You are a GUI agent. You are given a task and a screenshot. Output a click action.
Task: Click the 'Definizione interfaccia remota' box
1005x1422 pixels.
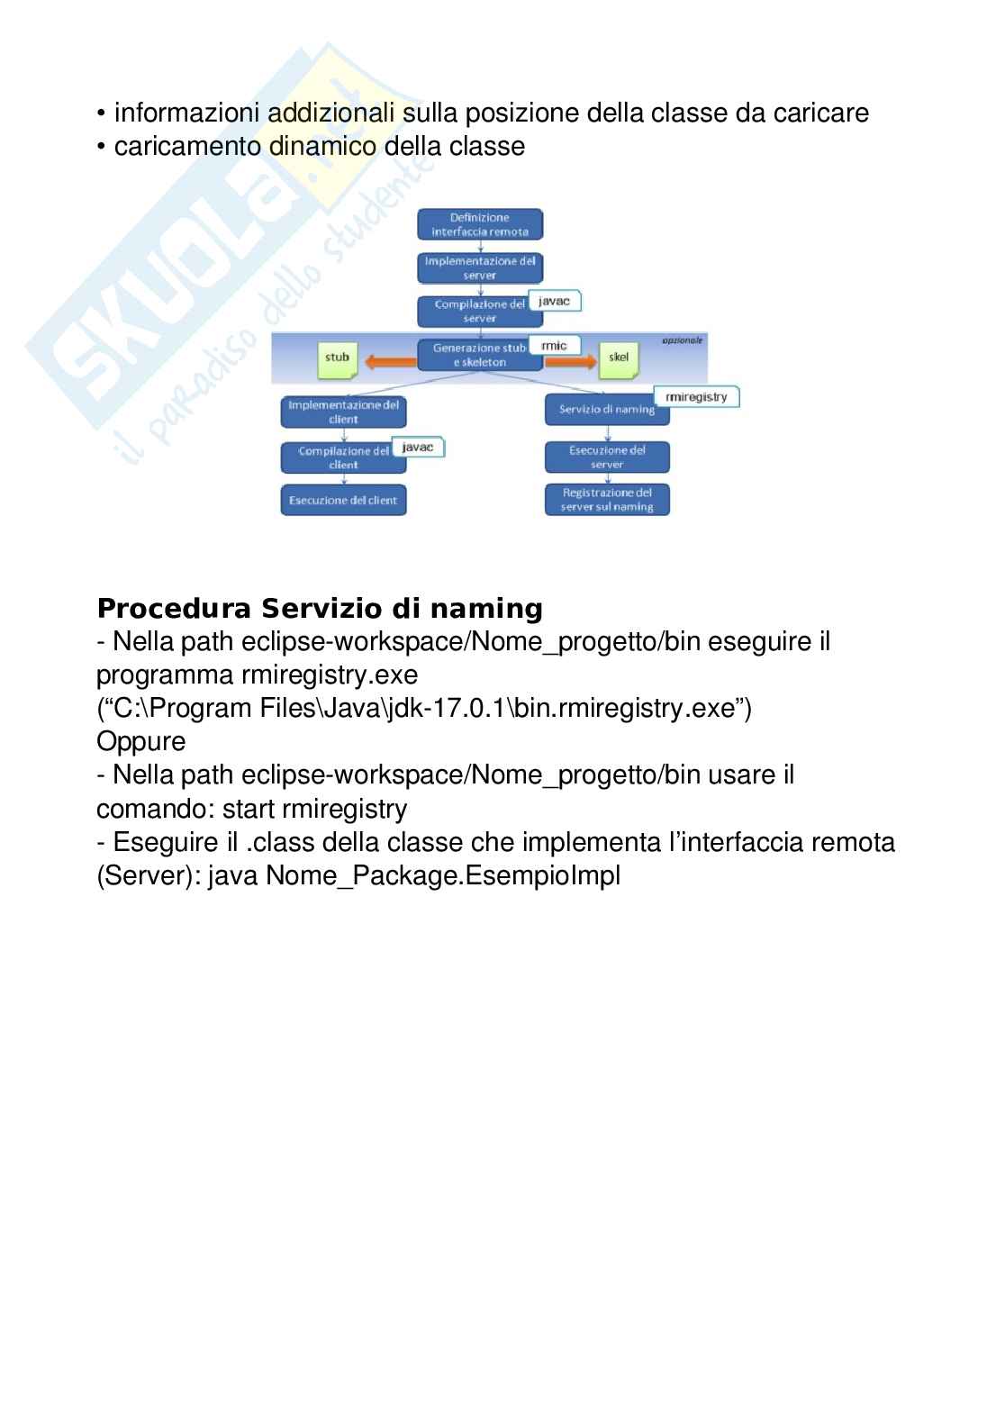480,224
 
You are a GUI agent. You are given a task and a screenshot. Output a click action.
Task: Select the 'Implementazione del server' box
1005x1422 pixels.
480,267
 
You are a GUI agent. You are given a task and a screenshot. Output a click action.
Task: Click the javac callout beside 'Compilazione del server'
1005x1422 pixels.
554,301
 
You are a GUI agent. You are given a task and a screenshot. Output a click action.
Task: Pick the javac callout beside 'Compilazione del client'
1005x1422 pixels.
418,447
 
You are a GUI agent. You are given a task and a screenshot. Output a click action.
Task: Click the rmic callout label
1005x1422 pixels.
554,346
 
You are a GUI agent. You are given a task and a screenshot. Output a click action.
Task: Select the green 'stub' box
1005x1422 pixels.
338,358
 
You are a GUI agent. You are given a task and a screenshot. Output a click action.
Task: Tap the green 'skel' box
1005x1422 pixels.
619,358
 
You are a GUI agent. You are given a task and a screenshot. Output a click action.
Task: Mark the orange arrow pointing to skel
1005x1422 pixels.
571,362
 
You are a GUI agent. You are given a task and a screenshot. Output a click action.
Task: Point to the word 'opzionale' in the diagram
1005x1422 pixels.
682,340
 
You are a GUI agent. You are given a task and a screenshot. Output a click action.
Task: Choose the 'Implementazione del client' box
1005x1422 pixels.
343,412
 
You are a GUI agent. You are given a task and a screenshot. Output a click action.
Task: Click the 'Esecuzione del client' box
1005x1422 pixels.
343,501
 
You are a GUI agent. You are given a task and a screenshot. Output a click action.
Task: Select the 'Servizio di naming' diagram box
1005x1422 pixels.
605,410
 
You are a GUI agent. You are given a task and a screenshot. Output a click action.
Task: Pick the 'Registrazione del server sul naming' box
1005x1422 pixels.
607,500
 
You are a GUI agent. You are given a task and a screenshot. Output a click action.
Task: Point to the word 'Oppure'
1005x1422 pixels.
140,742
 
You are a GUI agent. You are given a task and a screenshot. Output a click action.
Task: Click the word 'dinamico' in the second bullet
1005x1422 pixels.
321,146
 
